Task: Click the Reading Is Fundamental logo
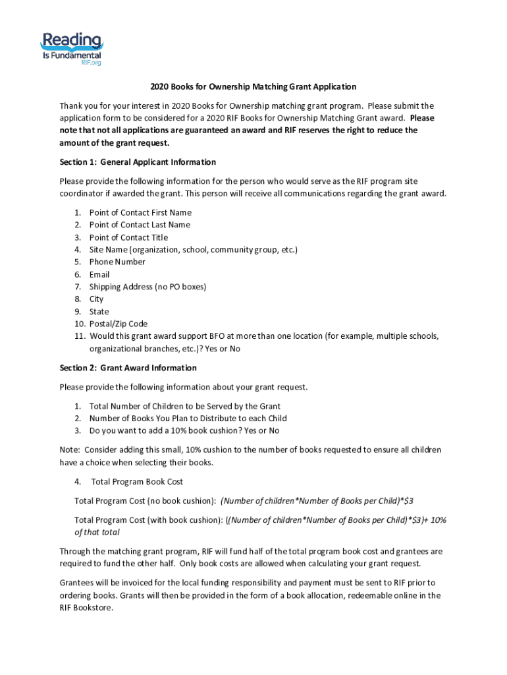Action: click(x=72, y=47)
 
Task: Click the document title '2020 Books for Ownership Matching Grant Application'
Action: click(x=253, y=86)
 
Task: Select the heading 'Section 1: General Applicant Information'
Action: click(x=138, y=162)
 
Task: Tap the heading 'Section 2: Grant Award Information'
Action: click(x=128, y=368)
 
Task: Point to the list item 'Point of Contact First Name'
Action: click(x=140, y=212)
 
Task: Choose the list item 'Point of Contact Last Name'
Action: click(x=140, y=225)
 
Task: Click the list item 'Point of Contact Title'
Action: click(x=128, y=237)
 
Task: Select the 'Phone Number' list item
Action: click(x=117, y=262)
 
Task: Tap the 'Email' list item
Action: click(x=99, y=274)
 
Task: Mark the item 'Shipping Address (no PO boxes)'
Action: click(x=147, y=287)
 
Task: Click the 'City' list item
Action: click(x=96, y=299)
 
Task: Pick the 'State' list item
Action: click(x=99, y=312)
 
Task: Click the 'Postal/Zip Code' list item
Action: click(x=119, y=324)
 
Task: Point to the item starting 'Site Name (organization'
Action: click(x=194, y=250)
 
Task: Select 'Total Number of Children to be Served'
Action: click(x=185, y=406)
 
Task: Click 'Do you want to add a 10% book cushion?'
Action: click(x=184, y=430)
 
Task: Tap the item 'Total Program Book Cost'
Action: click(x=137, y=482)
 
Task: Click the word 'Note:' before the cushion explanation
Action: click(x=70, y=450)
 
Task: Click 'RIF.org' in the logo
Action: click(x=91, y=63)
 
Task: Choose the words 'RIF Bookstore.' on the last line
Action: click(x=86, y=608)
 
